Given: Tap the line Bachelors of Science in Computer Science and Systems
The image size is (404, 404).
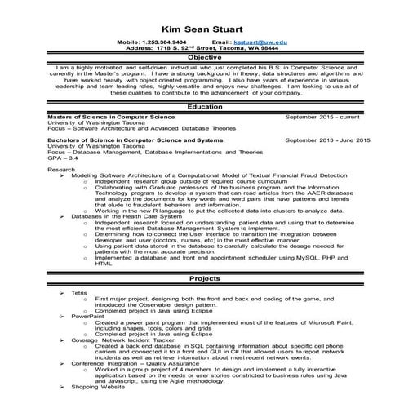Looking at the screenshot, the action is [123, 140].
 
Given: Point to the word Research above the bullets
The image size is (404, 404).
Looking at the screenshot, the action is [62, 169].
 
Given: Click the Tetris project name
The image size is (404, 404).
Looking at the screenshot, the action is [79, 292].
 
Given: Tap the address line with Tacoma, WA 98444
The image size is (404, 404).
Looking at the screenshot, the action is [202, 47].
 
